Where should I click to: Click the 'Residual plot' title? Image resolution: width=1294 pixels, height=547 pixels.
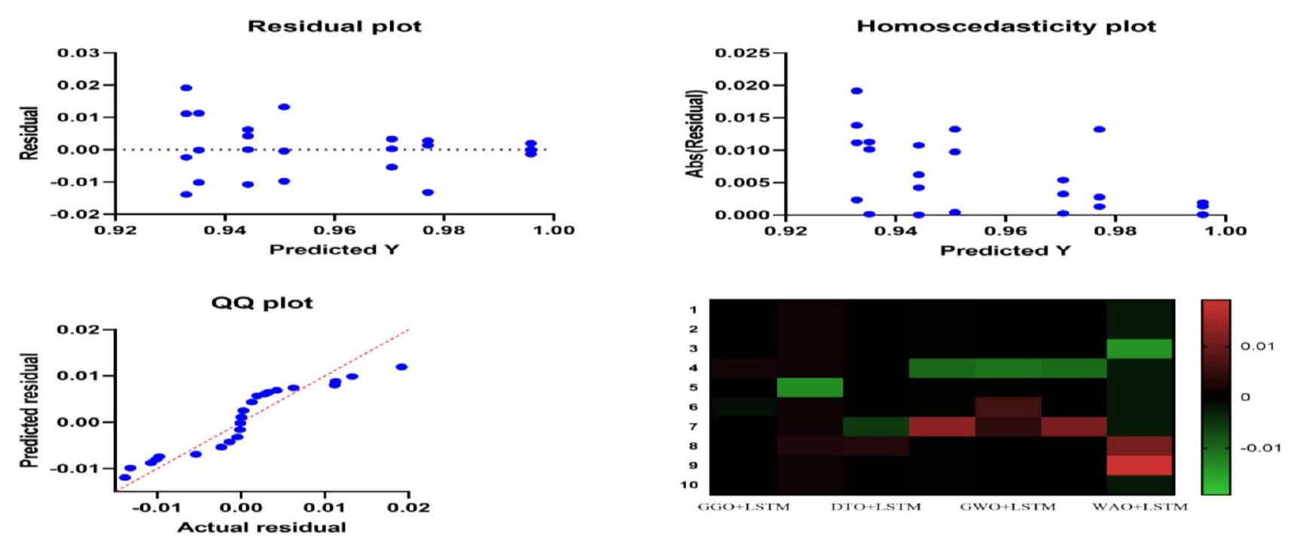point(334,26)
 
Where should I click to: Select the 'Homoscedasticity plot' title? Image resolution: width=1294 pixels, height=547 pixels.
point(1006,26)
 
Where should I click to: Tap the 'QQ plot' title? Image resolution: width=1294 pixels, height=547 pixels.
point(261,303)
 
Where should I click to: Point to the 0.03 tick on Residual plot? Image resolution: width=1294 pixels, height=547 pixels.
point(78,53)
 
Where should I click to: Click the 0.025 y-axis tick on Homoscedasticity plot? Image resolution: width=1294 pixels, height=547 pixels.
point(742,53)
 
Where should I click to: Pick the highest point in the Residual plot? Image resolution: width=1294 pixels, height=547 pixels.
point(186,88)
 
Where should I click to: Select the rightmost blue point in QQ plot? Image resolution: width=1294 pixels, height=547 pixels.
point(401,367)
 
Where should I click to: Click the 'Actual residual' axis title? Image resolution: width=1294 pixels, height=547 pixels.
point(261,527)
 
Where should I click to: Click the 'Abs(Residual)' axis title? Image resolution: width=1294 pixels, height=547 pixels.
point(695,134)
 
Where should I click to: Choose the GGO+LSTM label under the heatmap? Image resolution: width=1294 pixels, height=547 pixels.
point(743,507)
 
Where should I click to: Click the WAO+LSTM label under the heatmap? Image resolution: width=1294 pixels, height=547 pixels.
point(1140,507)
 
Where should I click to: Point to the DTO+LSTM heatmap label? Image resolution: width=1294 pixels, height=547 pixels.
point(876,507)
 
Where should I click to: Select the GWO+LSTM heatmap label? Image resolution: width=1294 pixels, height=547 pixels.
point(1008,507)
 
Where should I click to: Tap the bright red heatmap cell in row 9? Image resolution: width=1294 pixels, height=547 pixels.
point(1140,465)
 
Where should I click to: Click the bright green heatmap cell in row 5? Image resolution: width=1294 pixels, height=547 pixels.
point(810,387)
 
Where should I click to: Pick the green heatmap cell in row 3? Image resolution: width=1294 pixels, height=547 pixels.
point(1140,348)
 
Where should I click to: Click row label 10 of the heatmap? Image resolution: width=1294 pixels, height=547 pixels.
point(689,485)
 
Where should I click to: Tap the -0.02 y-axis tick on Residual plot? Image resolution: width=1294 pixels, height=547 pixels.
point(78,214)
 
